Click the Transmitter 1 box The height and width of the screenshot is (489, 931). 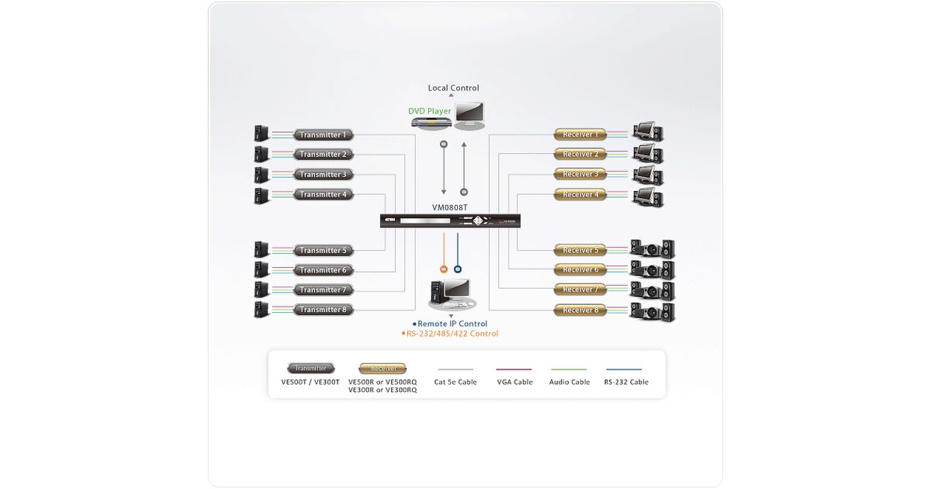click(x=324, y=135)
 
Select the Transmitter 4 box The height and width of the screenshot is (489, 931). click(x=324, y=195)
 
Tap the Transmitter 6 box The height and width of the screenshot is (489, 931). click(x=324, y=270)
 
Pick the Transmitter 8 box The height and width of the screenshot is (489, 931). click(x=324, y=310)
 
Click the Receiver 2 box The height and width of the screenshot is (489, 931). click(x=580, y=154)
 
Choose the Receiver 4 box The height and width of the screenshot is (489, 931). click(x=580, y=195)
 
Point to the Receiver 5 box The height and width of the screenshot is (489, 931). click(x=580, y=250)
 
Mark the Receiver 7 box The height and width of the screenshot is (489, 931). click(x=580, y=290)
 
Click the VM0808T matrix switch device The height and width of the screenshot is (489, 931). click(x=450, y=221)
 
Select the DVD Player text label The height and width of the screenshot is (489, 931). click(x=430, y=111)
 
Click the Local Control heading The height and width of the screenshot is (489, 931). click(x=454, y=88)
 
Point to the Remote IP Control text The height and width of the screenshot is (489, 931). click(x=452, y=324)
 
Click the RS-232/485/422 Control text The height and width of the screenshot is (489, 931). click(x=452, y=334)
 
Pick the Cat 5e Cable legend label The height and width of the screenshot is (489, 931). click(x=455, y=382)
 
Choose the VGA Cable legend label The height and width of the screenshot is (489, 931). click(x=514, y=382)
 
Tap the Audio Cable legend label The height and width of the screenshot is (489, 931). click(x=569, y=382)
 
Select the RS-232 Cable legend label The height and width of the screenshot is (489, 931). click(x=626, y=382)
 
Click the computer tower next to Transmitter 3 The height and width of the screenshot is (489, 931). click(x=261, y=175)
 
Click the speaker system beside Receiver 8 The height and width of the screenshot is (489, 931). click(x=652, y=311)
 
